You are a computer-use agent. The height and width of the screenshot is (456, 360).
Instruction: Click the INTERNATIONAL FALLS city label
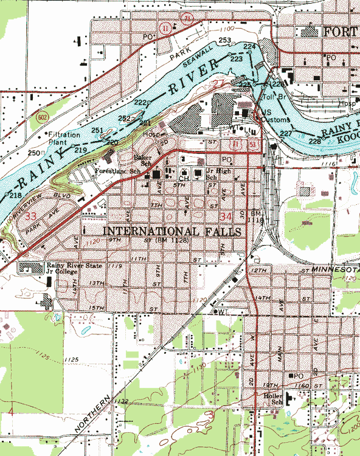173,232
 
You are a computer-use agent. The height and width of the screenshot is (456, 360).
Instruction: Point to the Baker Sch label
142,160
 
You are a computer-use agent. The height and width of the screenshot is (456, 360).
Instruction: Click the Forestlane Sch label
118,173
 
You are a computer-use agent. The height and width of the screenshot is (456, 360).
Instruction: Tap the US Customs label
268,116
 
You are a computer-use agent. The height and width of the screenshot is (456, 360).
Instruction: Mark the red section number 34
226,216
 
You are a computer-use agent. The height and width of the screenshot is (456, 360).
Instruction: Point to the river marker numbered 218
15,195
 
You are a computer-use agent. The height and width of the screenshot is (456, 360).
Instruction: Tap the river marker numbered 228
314,141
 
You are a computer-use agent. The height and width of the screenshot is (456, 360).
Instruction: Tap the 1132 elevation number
121,401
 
